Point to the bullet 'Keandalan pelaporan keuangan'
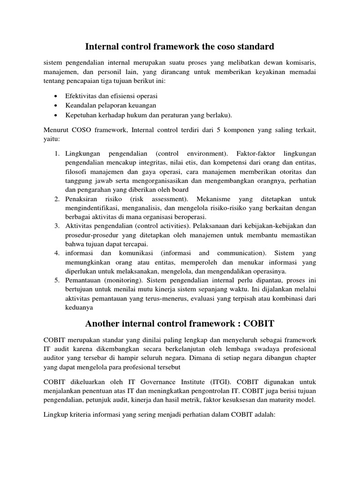click(111, 105)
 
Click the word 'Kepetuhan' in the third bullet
click(82, 114)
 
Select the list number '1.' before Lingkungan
click(56, 153)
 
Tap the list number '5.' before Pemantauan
click(56, 280)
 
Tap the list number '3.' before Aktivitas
click(56, 226)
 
